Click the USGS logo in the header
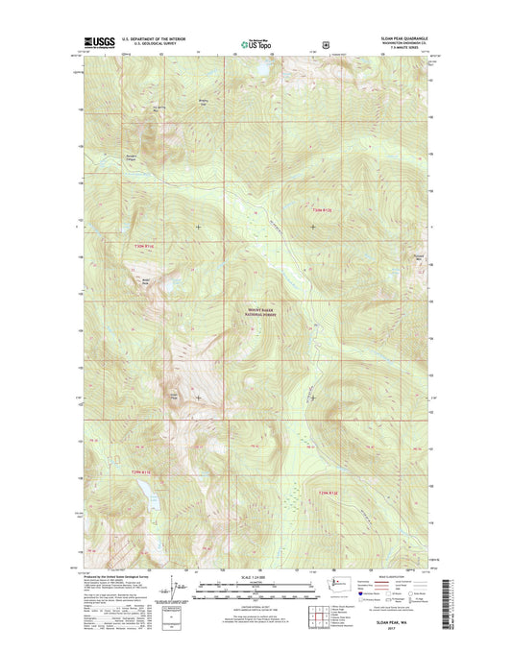[100, 42]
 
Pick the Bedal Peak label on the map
[146, 281]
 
